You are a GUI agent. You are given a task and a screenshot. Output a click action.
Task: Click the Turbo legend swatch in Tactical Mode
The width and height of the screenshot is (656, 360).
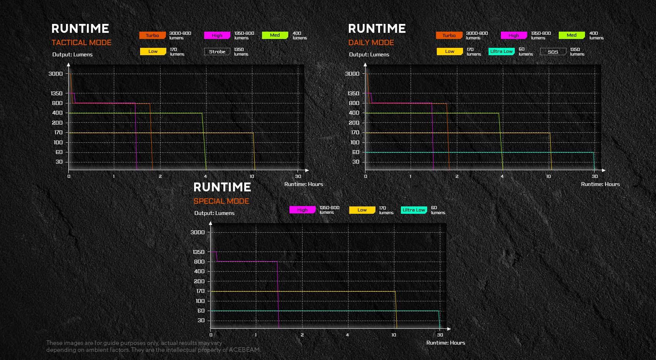click(152, 35)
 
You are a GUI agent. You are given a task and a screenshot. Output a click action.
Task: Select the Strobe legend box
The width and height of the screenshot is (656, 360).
click(217, 52)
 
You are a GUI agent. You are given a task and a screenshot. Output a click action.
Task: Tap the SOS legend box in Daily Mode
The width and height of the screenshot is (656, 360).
click(553, 52)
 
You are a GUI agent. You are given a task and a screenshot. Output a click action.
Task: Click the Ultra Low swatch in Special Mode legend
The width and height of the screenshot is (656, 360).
click(414, 210)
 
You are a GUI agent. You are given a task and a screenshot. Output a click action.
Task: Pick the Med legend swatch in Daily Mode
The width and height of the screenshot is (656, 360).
click(571, 35)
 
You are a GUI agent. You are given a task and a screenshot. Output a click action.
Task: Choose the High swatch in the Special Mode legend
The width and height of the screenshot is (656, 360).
click(302, 210)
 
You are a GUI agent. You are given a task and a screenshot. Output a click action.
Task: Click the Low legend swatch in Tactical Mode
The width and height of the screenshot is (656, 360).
click(153, 51)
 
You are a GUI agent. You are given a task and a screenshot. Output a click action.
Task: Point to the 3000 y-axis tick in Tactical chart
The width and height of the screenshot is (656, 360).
click(56, 74)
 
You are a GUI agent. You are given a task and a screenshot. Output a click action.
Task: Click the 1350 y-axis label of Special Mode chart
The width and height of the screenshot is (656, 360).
click(198, 252)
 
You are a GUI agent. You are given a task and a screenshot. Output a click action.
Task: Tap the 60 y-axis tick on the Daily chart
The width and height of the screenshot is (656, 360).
click(356, 152)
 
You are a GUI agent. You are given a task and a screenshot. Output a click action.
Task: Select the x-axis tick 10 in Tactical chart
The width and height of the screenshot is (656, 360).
click(252, 176)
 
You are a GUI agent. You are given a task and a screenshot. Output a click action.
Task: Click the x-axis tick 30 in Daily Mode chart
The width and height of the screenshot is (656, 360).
click(595, 176)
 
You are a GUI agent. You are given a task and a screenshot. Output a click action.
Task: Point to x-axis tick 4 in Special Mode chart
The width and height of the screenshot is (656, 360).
click(347, 335)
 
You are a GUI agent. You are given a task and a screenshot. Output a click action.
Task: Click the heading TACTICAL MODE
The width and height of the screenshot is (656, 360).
click(81, 42)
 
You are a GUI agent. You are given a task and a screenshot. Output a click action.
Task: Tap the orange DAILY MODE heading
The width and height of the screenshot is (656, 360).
click(371, 42)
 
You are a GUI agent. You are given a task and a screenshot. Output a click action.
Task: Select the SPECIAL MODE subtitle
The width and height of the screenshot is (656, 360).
click(221, 201)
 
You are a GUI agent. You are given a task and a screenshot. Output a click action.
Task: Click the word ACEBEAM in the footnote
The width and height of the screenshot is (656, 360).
click(244, 350)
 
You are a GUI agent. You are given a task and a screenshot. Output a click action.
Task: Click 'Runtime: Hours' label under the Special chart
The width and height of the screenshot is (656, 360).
click(446, 343)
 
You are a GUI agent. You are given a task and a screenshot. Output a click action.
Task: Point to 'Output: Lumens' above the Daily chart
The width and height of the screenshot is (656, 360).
click(369, 54)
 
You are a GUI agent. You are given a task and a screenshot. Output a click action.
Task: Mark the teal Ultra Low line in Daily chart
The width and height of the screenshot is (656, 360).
click(478, 152)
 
